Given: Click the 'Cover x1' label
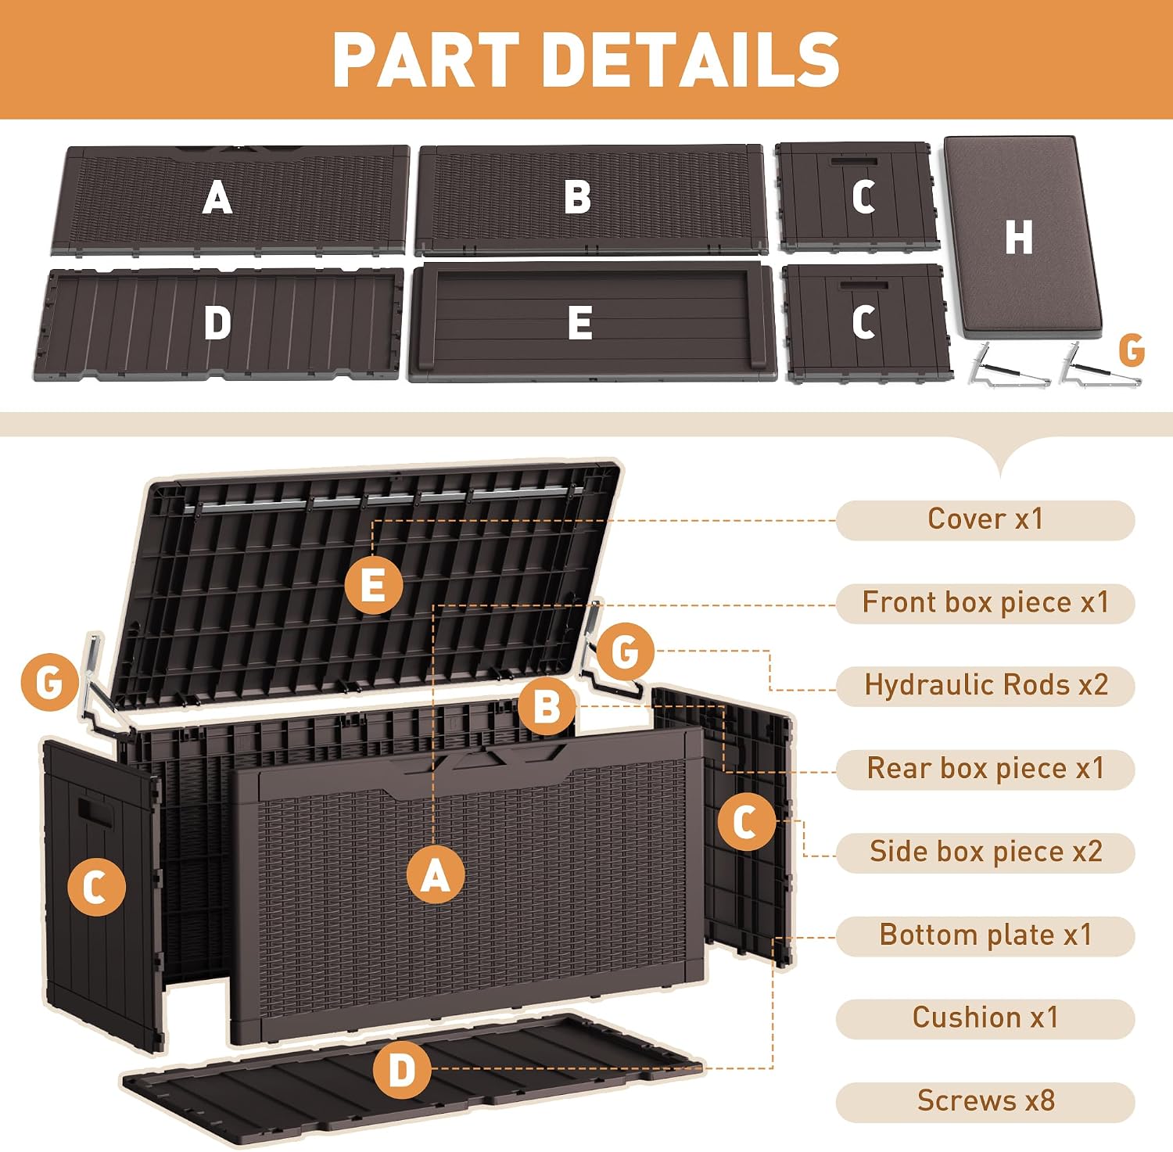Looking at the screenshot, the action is point(985,519).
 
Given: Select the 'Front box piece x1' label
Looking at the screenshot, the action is point(985,603).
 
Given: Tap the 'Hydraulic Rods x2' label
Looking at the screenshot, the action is point(985,686).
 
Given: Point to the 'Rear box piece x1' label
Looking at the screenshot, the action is point(985,769).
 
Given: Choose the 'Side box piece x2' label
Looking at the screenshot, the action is point(985,852).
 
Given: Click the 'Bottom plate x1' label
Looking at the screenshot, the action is point(985,935).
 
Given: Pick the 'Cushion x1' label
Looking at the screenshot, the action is point(985,1018).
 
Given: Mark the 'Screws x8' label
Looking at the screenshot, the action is point(985,1101).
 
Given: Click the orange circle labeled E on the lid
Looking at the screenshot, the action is point(374,585).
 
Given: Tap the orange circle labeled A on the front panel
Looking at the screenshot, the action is point(436,874).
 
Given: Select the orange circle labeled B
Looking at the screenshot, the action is point(547,707).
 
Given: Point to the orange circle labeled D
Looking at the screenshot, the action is point(402,1070).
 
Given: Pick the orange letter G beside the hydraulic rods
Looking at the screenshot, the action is point(1132,350).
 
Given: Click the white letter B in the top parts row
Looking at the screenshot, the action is point(578,197).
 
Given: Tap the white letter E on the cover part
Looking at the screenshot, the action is point(579,323).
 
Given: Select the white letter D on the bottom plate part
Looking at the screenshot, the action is point(217,322).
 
